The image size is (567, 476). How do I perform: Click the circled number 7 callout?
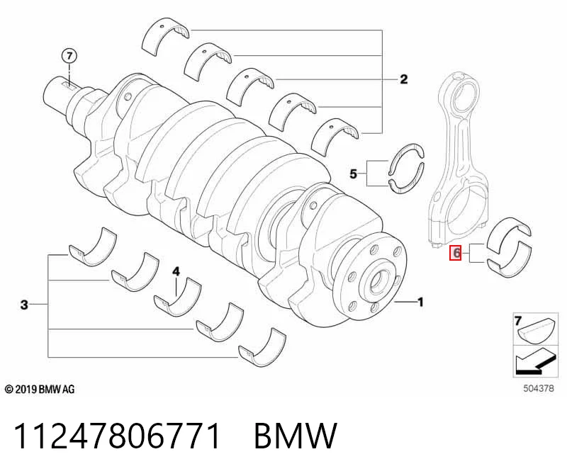tap(69, 56)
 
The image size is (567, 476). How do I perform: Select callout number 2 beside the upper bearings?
tap(403, 79)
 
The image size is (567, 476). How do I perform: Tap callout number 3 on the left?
tap(24, 305)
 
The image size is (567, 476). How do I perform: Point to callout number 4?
tap(176, 271)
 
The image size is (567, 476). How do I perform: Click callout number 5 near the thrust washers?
tap(353, 174)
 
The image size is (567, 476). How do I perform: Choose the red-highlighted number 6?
tap(455, 253)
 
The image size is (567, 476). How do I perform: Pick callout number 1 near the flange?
tap(420, 302)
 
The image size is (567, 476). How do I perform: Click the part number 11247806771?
tap(117, 436)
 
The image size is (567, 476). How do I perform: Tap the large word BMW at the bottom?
tap(296, 436)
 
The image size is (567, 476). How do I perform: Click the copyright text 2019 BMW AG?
tap(40, 390)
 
